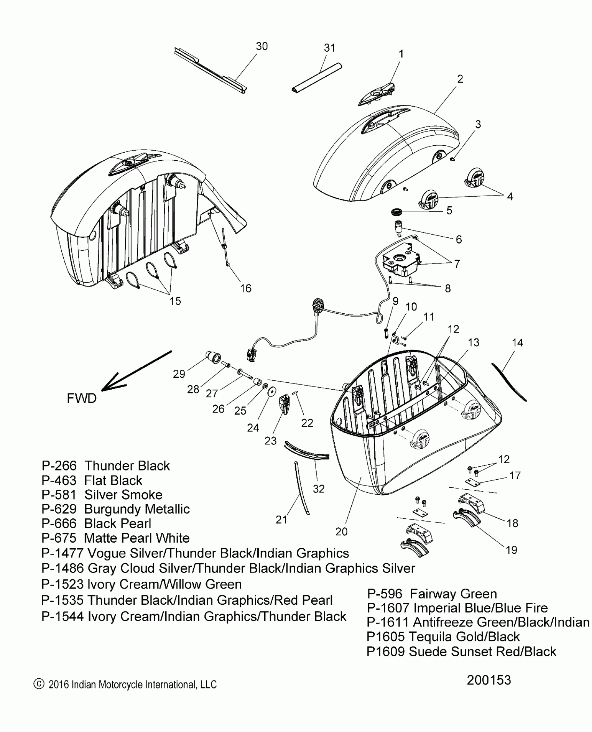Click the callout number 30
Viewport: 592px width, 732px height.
click(x=262, y=46)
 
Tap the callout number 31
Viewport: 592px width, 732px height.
click(x=329, y=48)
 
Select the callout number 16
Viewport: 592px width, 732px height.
click(x=246, y=288)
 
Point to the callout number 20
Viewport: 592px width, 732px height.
click(x=341, y=532)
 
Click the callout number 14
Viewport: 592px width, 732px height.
click(x=517, y=343)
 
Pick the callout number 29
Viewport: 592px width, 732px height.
click(x=179, y=374)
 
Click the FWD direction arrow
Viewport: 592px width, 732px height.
click(x=136, y=371)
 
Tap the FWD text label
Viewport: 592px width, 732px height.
click(x=81, y=398)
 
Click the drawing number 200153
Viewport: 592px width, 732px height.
click(x=489, y=680)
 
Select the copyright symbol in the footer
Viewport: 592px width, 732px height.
click(x=39, y=684)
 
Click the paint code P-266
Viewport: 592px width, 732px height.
click(x=59, y=466)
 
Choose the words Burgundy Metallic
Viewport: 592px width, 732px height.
click(x=137, y=509)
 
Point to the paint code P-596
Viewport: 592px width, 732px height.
click(x=385, y=594)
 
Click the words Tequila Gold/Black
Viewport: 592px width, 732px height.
click(x=464, y=637)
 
